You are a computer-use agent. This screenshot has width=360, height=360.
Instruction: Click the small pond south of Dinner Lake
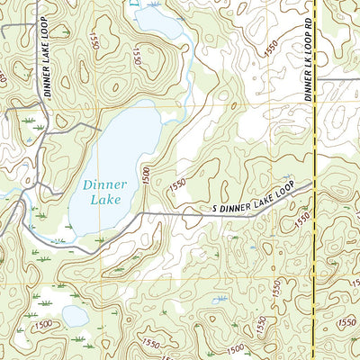click(x=76, y=316)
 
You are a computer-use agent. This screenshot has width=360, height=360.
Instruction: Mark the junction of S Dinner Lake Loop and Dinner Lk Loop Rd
click(x=312, y=184)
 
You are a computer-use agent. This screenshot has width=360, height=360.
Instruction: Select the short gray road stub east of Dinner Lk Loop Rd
click(x=337, y=81)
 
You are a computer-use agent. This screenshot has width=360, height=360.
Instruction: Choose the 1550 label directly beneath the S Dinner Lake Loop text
click(x=302, y=219)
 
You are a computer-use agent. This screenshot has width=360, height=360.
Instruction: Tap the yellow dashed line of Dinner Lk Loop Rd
click(x=312, y=270)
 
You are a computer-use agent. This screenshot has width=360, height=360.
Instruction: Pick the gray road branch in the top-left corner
click(x=11, y=22)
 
